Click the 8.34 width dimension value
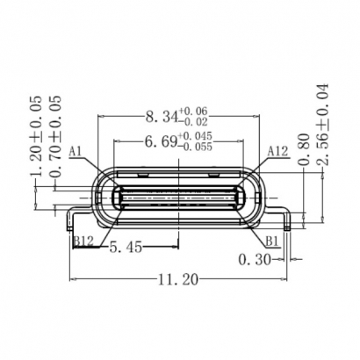tap(158, 117)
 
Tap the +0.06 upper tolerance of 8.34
tap(193, 112)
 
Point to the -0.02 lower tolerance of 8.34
tap(193, 123)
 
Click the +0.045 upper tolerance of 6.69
tap(197, 136)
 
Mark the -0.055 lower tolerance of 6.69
tap(197, 148)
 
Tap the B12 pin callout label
tap(84, 240)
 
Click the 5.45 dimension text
tap(125, 248)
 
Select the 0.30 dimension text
tap(254, 259)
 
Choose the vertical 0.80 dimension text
tap(303, 149)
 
